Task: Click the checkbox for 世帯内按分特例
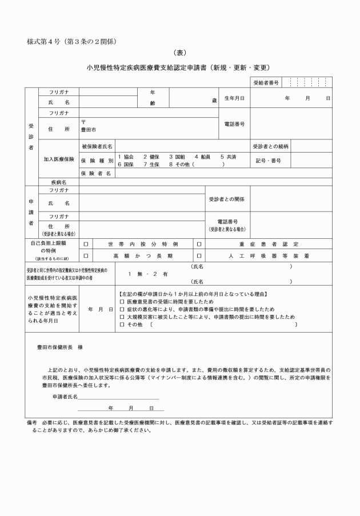click(x=86, y=244)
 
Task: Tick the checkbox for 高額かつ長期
click(x=86, y=255)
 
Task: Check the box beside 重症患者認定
click(x=199, y=244)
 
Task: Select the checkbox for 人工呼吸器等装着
click(x=199, y=255)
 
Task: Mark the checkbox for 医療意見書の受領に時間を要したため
click(x=122, y=301)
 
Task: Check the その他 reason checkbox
click(x=122, y=325)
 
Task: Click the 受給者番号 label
click(x=266, y=83)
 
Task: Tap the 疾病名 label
click(x=59, y=182)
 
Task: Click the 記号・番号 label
click(x=268, y=160)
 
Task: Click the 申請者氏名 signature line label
click(x=65, y=397)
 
